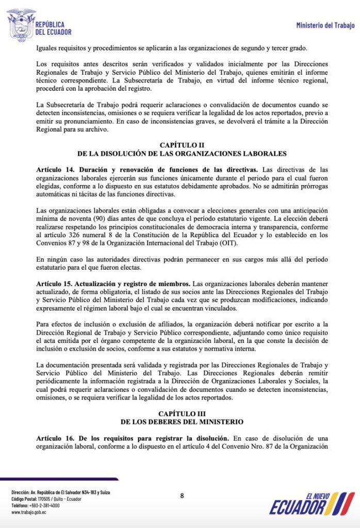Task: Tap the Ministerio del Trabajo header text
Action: pyautogui.click(x=325, y=25)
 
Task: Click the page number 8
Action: pyautogui.click(x=182, y=496)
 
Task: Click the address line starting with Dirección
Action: pyautogui.click(x=61, y=492)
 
